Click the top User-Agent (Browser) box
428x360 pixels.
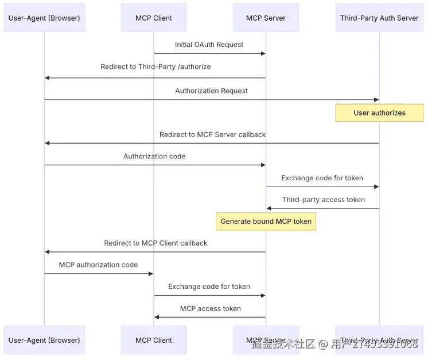[x=44, y=18]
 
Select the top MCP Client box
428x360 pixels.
[x=154, y=18]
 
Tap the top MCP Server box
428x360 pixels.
[x=266, y=18]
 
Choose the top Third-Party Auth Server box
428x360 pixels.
[x=379, y=18]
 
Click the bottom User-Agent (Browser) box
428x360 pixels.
[x=44, y=340]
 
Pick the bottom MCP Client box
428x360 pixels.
[x=154, y=340]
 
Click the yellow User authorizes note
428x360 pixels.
[x=379, y=113]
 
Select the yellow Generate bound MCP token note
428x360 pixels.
[x=266, y=221]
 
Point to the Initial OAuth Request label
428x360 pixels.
[x=209, y=45]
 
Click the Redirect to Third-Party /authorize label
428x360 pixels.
[x=155, y=67]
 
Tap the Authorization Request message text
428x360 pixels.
[x=211, y=91]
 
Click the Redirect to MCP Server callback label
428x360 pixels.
[x=212, y=134]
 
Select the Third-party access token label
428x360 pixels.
[x=323, y=200]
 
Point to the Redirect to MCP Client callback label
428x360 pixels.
[x=155, y=243]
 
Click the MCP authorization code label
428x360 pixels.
[x=98, y=265]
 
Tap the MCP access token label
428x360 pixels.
[x=210, y=308]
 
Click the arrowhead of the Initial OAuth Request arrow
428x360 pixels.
[x=263, y=53]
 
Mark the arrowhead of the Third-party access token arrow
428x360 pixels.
[x=269, y=208]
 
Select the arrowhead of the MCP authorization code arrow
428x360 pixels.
[x=151, y=273]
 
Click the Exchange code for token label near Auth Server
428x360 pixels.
[x=322, y=178]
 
